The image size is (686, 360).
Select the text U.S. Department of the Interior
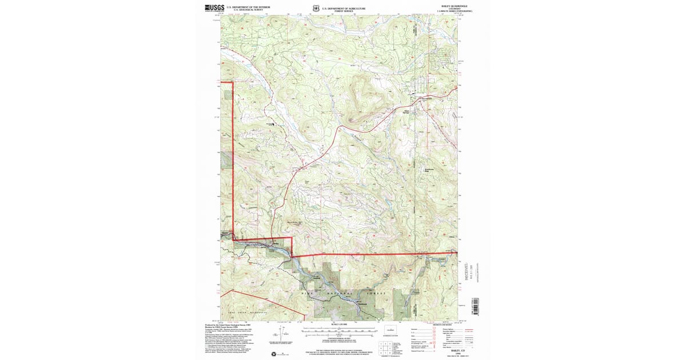(248, 7)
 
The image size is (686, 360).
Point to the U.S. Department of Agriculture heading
(344, 8)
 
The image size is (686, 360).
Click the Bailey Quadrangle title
(446, 6)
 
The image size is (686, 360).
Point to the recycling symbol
(282, 355)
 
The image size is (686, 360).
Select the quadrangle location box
(390, 331)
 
